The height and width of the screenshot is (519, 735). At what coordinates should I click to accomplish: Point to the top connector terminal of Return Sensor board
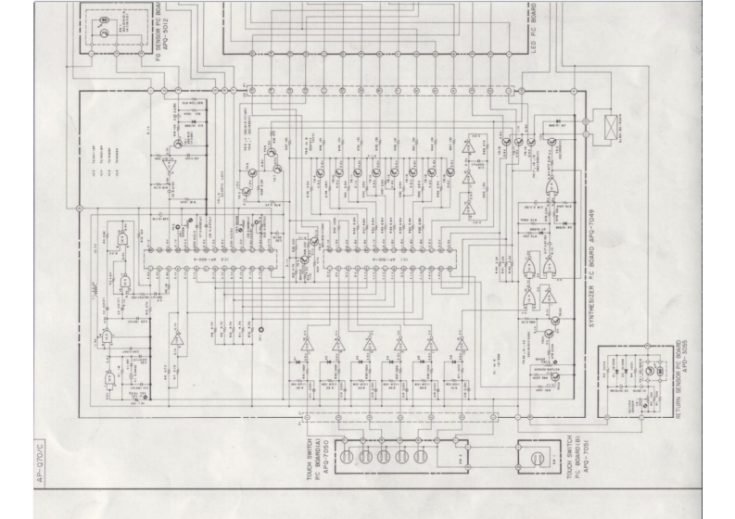606,357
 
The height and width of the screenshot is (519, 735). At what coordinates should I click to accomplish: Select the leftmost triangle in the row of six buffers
307,345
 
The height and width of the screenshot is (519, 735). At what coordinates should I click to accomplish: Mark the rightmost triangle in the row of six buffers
462,345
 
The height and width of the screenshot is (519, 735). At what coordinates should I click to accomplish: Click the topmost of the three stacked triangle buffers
469,148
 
